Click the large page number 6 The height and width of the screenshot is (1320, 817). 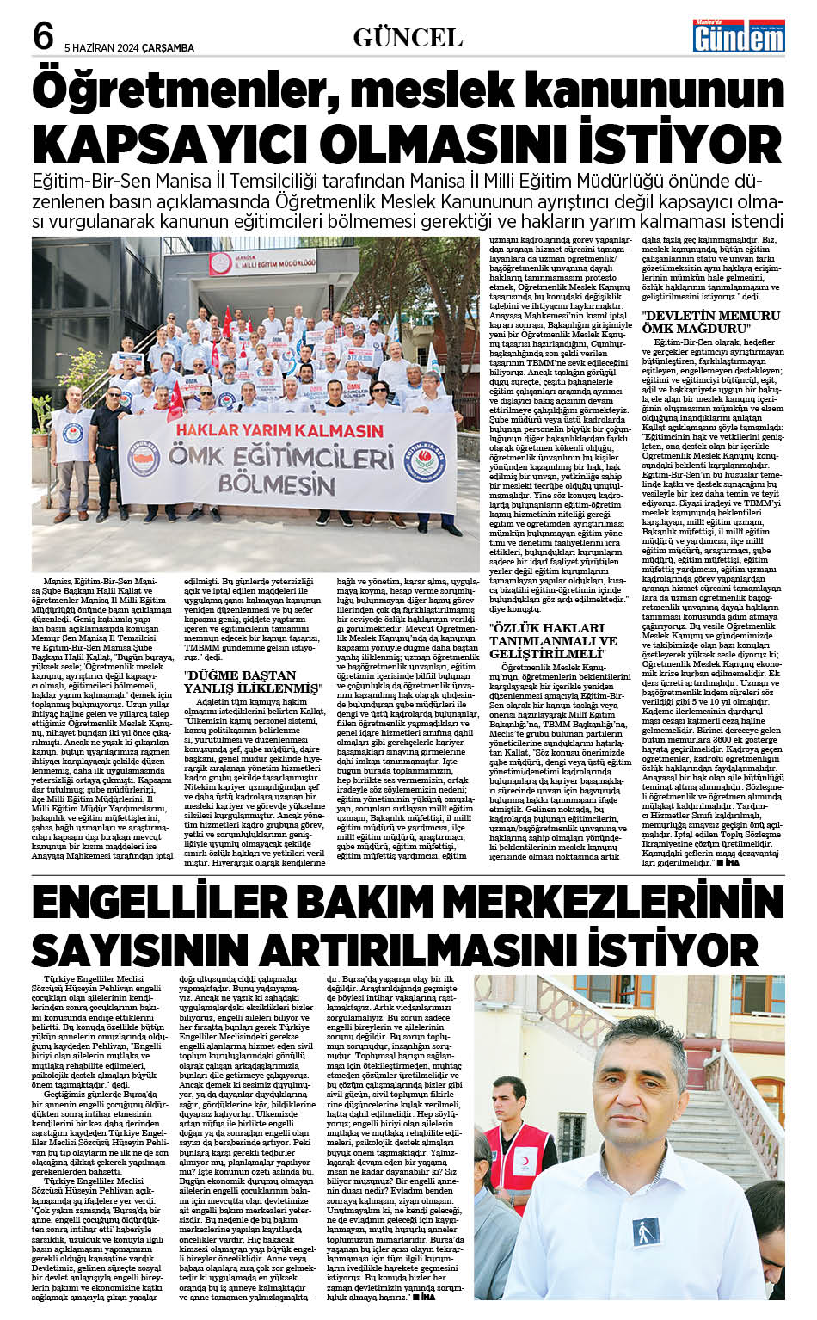[43, 37]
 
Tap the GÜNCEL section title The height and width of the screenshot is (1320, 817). [408, 37]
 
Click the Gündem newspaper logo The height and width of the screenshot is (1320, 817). [739, 34]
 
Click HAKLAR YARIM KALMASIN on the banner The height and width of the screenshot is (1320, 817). [279, 429]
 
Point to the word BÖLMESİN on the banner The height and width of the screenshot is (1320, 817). [275, 484]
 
